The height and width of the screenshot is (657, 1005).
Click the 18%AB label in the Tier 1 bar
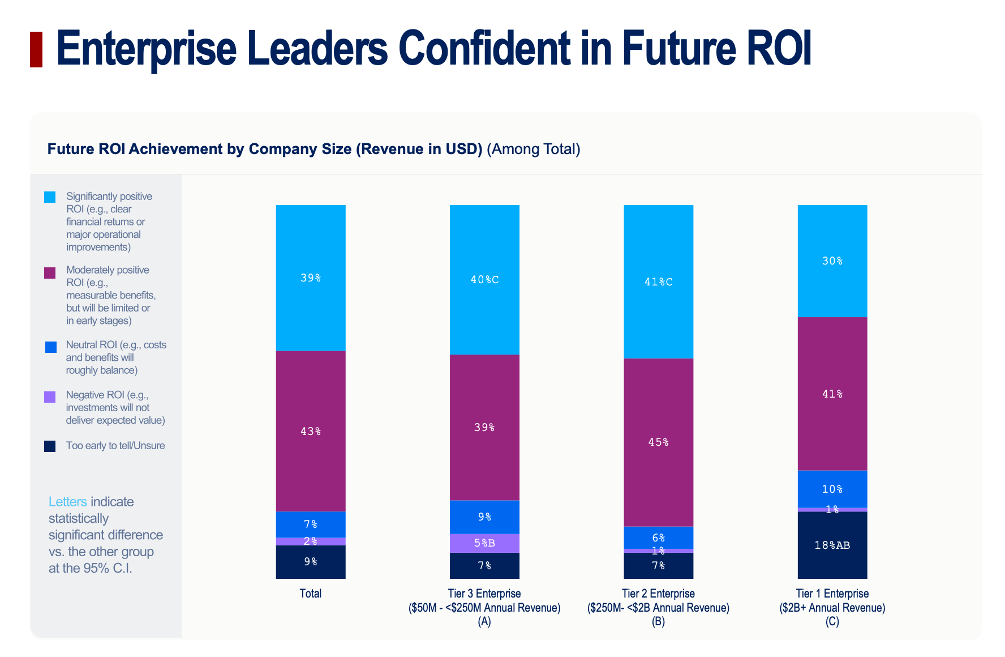[x=832, y=545]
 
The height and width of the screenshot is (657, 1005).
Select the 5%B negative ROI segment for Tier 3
[x=484, y=543]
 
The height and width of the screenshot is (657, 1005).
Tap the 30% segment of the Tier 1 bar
[x=832, y=261]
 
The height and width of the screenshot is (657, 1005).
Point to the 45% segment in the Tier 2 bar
[x=658, y=442]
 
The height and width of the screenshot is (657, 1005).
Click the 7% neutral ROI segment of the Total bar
[x=311, y=524]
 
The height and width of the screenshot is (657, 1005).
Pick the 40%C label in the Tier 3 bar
[x=484, y=280]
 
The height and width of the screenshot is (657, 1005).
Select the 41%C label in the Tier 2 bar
[x=658, y=282]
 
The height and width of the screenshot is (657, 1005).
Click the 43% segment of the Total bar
[x=311, y=432]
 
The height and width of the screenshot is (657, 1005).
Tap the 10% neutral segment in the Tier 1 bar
[x=832, y=489]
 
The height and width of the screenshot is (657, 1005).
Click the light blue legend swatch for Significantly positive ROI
[x=50, y=197]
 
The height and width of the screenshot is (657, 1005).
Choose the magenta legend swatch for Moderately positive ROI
[x=50, y=273]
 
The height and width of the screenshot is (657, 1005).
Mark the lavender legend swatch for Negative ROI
[x=50, y=397]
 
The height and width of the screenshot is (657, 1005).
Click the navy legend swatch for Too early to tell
[x=50, y=446]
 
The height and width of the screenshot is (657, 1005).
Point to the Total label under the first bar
[x=311, y=594]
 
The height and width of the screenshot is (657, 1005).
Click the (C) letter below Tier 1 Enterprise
[x=832, y=622]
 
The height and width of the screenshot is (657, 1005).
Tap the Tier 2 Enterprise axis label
[x=658, y=594]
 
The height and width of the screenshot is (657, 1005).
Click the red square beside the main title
[x=36, y=50]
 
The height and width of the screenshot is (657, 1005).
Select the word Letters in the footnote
[x=68, y=502]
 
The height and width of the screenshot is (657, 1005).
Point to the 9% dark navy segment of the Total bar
[x=311, y=562]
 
